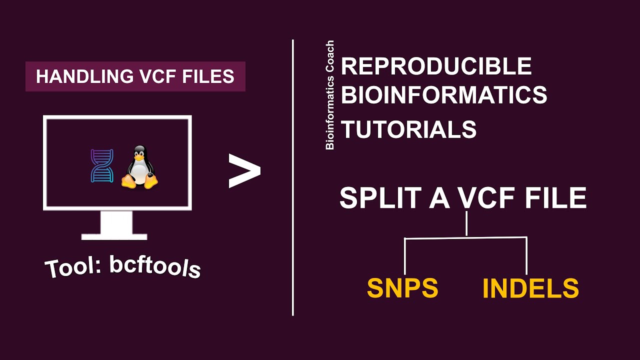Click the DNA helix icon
tap(101, 165)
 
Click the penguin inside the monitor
tap(139, 168)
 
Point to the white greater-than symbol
tap(244, 171)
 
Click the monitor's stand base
tap(114, 236)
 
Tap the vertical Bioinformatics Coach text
tap(330, 95)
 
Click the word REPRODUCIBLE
tap(436, 66)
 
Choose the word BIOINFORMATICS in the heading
tap(444, 95)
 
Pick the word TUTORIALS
tap(408, 130)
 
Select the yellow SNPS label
tap(402, 288)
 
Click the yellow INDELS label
tap(530, 288)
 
